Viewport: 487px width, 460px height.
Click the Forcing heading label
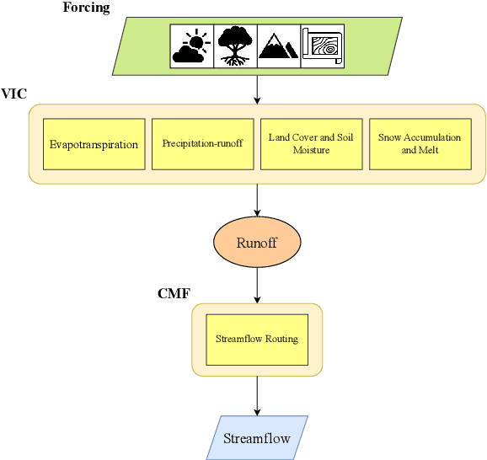pos(87,8)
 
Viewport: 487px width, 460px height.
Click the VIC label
pos(13,95)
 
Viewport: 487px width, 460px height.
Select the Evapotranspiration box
pos(94,144)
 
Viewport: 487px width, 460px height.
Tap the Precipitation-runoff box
pos(202,144)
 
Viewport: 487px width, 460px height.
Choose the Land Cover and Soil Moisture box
pos(311,144)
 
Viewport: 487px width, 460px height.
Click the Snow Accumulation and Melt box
pos(420,144)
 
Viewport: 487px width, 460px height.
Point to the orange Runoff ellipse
pos(257,243)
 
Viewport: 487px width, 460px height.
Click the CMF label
pos(174,294)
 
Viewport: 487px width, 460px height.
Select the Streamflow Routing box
pos(257,340)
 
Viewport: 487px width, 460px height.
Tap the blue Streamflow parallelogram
pos(257,438)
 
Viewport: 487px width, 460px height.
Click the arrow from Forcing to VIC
pos(257,88)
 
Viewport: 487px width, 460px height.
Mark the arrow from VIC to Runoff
pos(257,201)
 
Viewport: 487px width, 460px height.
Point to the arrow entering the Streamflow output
pos(257,395)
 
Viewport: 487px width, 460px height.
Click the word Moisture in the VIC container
pos(311,151)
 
